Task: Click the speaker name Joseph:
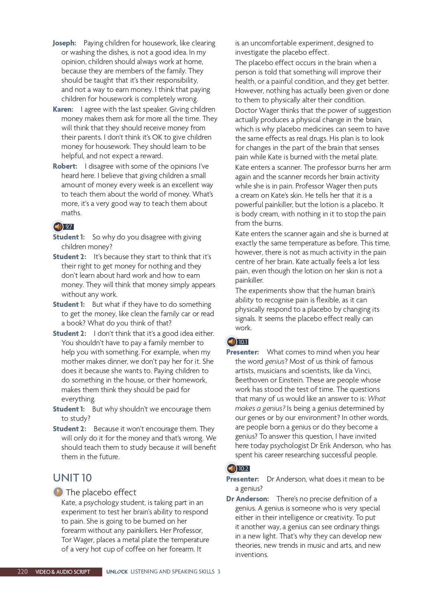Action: [x=64, y=43]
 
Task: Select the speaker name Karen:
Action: [x=63, y=109]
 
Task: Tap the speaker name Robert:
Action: [x=65, y=166]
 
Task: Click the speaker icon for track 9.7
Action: [x=58, y=226]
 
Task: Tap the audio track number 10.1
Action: [x=243, y=342]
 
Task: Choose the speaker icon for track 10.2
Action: [x=231, y=468]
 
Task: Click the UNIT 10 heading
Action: [x=72, y=478]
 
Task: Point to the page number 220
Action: [x=23, y=572]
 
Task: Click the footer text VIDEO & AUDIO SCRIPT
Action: [x=63, y=572]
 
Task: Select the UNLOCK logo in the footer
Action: [x=117, y=572]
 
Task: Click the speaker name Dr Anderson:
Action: [x=247, y=499]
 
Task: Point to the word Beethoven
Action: [x=252, y=380]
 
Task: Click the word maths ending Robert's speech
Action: [x=71, y=213]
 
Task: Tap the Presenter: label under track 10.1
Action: [x=242, y=352]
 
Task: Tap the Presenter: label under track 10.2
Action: [x=242, y=479]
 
